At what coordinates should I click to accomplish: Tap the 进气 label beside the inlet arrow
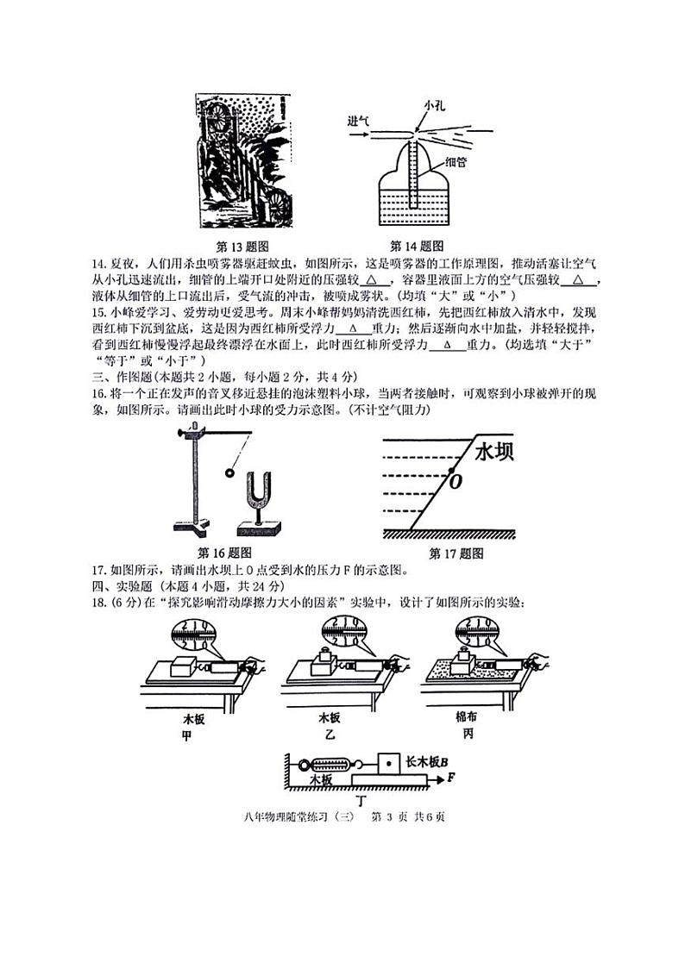click(x=358, y=121)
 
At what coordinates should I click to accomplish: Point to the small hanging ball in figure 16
click(x=229, y=472)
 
